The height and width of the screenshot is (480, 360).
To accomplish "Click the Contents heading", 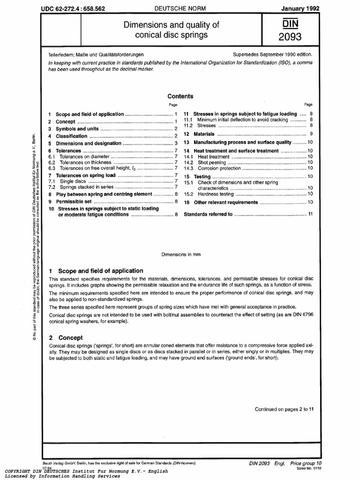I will [x=180, y=96].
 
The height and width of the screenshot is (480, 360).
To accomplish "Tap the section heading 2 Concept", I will [x=66, y=337].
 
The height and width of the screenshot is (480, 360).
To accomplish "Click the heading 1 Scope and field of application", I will [x=96, y=270].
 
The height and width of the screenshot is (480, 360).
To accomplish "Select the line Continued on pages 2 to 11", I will [x=284, y=409].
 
